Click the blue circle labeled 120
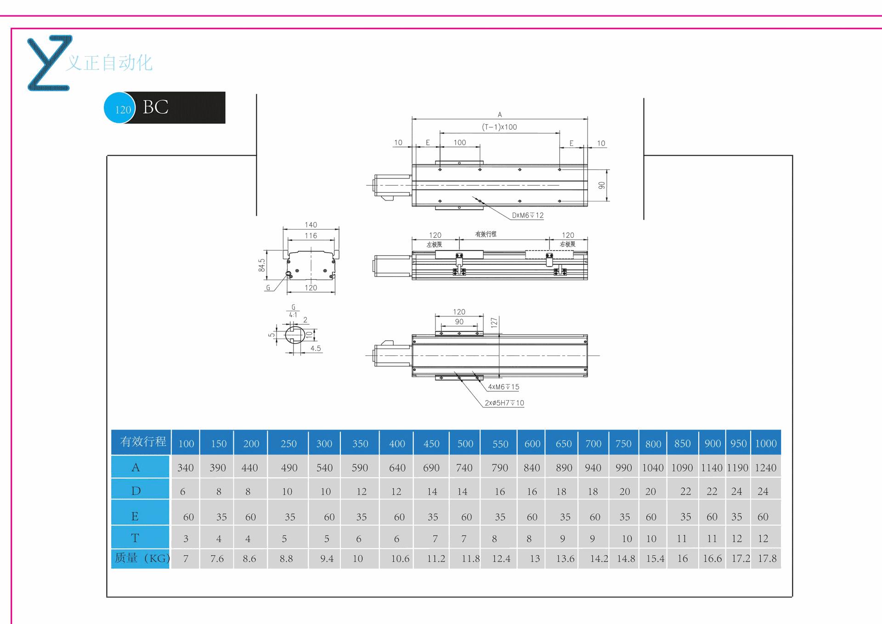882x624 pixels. pyautogui.click(x=119, y=108)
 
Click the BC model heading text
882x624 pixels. pyautogui.click(x=156, y=107)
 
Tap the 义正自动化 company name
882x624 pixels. pyautogui.click(x=109, y=63)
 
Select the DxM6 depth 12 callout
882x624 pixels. pyautogui.click(x=528, y=215)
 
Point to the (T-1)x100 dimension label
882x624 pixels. pyautogui.click(x=499, y=127)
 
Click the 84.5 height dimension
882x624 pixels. pyautogui.click(x=262, y=265)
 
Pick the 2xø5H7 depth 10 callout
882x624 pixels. pyautogui.click(x=504, y=403)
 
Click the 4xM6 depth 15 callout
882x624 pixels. pyautogui.click(x=503, y=387)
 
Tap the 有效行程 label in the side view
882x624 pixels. pyautogui.click(x=486, y=234)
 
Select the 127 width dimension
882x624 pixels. pyautogui.click(x=494, y=322)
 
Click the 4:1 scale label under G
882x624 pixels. pyautogui.click(x=293, y=315)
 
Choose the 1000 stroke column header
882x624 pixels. pyautogui.click(x=766, y=443)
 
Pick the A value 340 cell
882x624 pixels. pyautogui.click(x=186, y=468)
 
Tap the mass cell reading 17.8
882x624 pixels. pyautogui.click(x=767, y=558)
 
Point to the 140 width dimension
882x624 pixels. pyautogui.click(x=311, y=225)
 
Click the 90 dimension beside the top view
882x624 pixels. pyautogui.click(x=602, y=185)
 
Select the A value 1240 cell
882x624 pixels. pyautogui.click(x=766, y=468)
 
